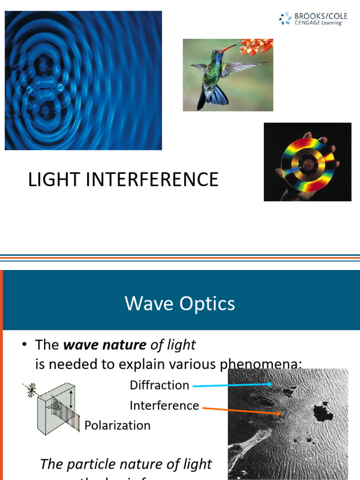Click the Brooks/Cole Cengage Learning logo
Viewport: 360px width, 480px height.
point(313,19)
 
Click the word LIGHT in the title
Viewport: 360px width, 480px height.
point(52,180)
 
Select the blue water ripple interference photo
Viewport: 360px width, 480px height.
point(83,81)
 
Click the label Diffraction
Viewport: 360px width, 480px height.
point(159,385)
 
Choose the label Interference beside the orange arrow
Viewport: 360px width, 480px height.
point(164,405)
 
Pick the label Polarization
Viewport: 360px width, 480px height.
point(118,426)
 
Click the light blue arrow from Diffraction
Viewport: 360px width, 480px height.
point(232,385)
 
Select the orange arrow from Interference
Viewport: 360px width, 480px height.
point(241,410)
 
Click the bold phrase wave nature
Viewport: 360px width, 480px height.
point(105,345)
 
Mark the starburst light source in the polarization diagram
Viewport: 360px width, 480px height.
point(32,389)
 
